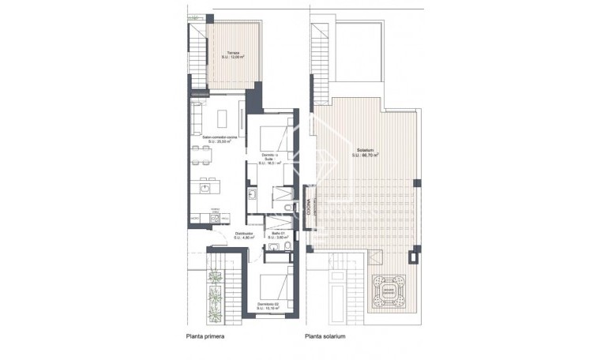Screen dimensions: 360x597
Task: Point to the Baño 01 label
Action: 278,233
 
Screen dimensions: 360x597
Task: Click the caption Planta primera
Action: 205,336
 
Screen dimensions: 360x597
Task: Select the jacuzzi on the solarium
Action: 389,285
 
